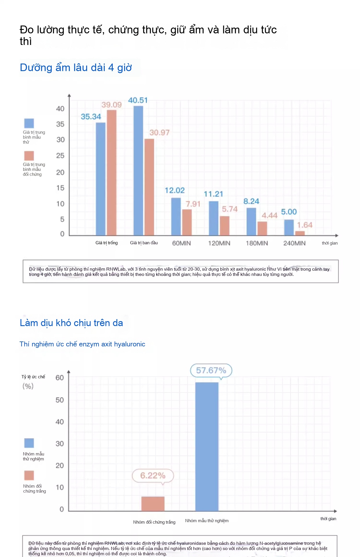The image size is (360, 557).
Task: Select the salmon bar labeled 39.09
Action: pos(111,173)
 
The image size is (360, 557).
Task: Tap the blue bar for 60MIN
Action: pos(176,216)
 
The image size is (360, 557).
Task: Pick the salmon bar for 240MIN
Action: pos(300,233)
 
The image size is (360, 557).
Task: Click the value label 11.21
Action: pos(213,194)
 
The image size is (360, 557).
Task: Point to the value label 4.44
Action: pos(269,215)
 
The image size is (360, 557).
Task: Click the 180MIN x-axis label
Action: pos(257,243)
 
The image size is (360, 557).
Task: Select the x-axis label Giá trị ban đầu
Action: pos(144,243)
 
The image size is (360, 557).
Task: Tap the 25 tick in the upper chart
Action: pos(60,156)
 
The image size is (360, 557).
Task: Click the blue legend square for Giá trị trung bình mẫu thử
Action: pos(29,123)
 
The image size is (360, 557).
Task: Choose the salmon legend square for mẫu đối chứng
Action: pos(29,156)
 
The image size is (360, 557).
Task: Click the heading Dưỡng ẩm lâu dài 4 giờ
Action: pos(76,68)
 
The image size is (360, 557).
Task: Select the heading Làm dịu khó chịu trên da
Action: pos(71,323)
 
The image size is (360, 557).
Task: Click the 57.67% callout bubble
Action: pos(211,370)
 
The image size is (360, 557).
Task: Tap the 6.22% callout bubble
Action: pos(153,475)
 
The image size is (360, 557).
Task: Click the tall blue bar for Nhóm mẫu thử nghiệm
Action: pos(207,446)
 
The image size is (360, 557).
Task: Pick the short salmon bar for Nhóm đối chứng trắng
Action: pos(153,504)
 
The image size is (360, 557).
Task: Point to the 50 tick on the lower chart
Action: pos(60,400)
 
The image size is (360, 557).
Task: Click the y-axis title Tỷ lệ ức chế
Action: pos(33,377)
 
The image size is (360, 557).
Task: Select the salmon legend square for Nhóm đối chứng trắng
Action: pos(29,475)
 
